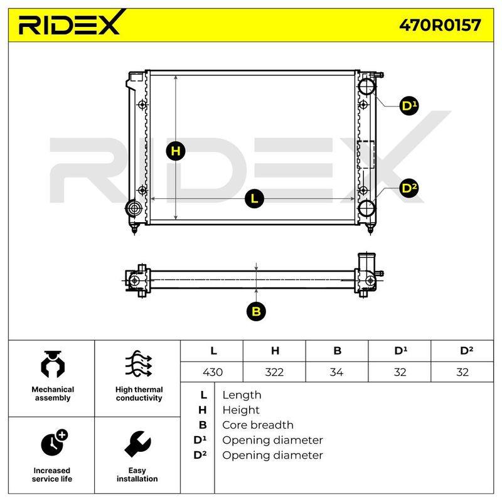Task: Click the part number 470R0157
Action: pyautogui.click(x=440, y=25)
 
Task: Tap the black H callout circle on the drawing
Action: pyautogui.click(x=176, y=151)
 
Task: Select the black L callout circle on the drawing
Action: pyautogui.click(x=254, y=199)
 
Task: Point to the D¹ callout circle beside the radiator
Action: pyautogui.click(x=409, y=105)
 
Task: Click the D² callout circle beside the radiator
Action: pyautogui.click(x=409, y=188)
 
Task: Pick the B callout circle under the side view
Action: pyautogui.click(x=256, y=311)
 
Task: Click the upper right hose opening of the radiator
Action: pyautogui.click(x=366, y=86)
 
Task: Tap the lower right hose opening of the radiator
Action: pyautogui.click(x=366, y=208)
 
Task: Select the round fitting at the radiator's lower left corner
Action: pyautogui.click(x=134, y=208)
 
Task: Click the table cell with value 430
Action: pyautogui.click(x=212, y=372)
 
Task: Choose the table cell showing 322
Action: pyautogui.click(x=274, y=372)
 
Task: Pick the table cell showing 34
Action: pyautogui.click(x=337, y=372)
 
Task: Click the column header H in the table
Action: pyautogui.click(x=275, y=351)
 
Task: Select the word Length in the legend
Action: pyautogui.click(x=242, y=395)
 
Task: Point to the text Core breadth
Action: pyautogui.click(x=258, y=425)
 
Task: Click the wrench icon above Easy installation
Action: pyautogui.click(x=137, y=444)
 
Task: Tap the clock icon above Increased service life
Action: pyautogui.click(x=55, y=442)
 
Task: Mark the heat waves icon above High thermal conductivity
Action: pyautogui.click(x=138, y=364)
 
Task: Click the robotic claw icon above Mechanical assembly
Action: pyautogui.click(x=53, y=365)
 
